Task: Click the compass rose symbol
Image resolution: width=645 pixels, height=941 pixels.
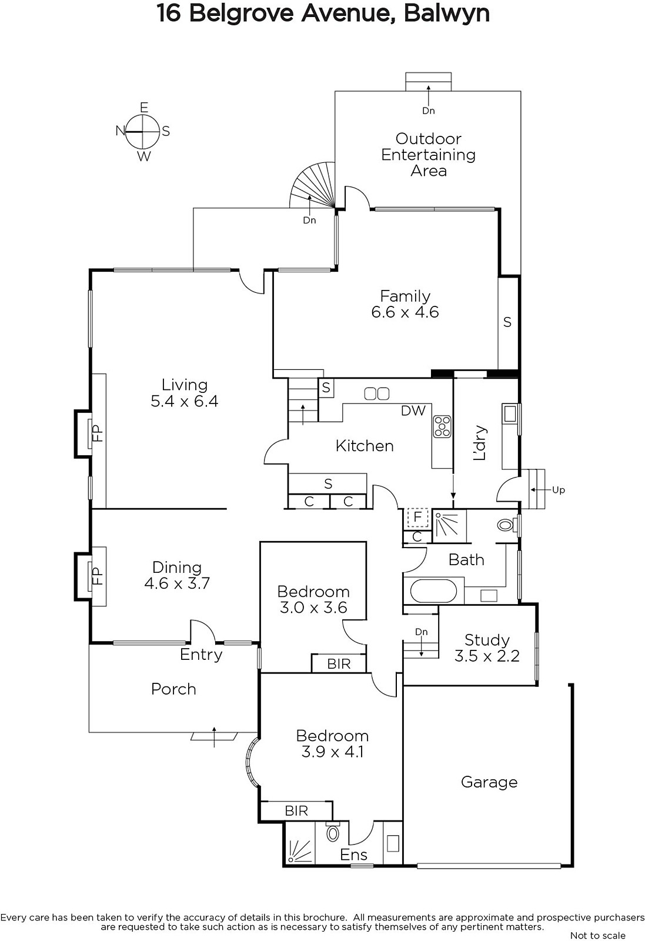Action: (x=143, y=131)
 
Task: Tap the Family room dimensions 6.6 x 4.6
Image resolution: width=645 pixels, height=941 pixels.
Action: (x=405, y=312)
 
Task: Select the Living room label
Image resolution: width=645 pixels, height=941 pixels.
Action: (x=185, y=385)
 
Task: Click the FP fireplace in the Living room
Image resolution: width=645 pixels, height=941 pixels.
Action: (x=98, y=433)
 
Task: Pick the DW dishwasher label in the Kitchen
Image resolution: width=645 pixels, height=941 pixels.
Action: (x=413, y=411)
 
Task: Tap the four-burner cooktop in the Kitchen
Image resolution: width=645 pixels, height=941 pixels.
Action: (x=442, y=426)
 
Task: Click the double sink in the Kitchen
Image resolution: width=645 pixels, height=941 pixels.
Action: (x=377, y=393)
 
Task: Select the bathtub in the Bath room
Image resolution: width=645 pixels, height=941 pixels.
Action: (x=433, y=591)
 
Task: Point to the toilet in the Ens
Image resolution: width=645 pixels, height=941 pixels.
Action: (x=333, y=833)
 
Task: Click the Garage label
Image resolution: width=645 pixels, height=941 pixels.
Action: (x=489, y=782)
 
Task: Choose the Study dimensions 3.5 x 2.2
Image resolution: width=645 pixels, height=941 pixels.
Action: (x=487, y=656)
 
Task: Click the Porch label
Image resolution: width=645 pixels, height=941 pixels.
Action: (x=173, y=689)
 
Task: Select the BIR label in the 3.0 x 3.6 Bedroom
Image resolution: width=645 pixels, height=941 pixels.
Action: (x=339, y=663)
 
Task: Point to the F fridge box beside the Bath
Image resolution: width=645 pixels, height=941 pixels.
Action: (x=417, y=517)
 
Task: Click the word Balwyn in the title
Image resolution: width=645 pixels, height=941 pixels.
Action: (x=447, y=14)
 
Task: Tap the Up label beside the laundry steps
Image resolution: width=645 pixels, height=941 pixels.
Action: (x=558, y=490)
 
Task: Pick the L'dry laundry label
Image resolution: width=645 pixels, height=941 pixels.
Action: (x=480, y=443)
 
